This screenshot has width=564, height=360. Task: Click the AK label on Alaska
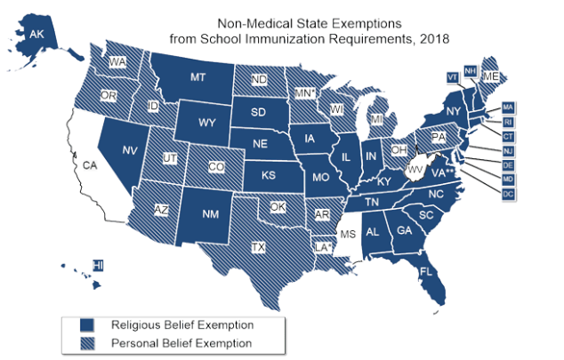tap(36, 35)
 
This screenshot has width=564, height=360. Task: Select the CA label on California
tap(89, 165)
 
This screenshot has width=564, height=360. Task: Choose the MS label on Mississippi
tap(348, 235)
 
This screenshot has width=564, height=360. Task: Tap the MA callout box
tap(508, 108)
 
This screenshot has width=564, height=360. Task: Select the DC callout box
tap(508, 194)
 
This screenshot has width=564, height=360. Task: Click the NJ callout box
tap(508, 151)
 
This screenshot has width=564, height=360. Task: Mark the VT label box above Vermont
tap(451, 76)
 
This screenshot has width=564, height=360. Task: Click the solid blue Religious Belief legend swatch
tap(87, 324)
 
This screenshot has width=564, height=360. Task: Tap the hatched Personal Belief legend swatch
tap(87, 342)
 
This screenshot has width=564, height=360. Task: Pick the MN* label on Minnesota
tap(305, 92)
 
